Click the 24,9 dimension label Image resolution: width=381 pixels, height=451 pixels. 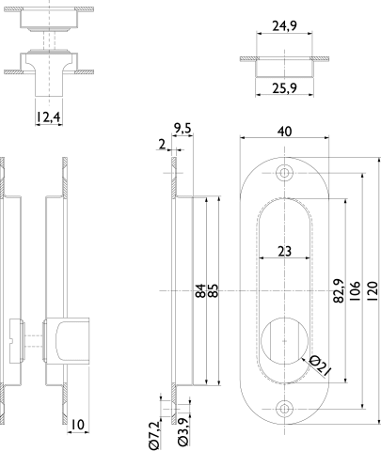[x=284, y=25]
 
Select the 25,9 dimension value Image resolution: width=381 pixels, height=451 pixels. [x=284, y=88]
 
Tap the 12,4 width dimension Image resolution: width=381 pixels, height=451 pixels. [x=48, y=117]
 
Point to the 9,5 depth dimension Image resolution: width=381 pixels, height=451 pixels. [x=183, y=129]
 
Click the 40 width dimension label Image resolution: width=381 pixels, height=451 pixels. [x=284, y=132]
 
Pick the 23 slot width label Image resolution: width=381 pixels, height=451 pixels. [x=284, y=251]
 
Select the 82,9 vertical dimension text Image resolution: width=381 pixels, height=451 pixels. [x=339, y=290]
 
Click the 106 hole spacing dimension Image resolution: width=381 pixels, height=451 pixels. [x=355, y=291]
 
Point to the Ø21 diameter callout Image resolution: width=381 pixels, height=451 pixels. [x=320, y=365]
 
